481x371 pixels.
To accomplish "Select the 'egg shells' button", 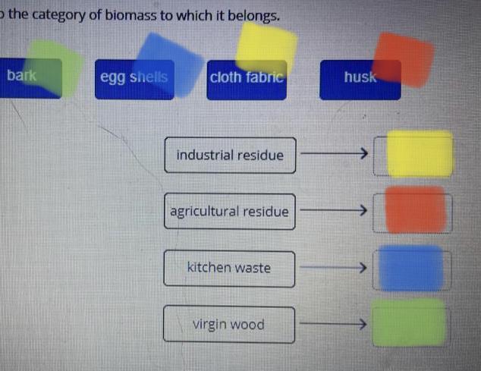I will (134, 79).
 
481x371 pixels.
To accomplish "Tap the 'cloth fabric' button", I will (247, 79).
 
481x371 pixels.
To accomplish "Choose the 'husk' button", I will (359, 79).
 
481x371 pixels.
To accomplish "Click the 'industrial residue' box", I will (230, 156).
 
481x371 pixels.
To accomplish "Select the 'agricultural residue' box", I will (229, 212).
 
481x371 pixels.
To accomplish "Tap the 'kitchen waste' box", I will (229, 269).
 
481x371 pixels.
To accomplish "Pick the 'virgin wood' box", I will (229, 325).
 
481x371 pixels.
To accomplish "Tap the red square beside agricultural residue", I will (415, 209).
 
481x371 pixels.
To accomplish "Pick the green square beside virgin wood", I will (410, 322).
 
